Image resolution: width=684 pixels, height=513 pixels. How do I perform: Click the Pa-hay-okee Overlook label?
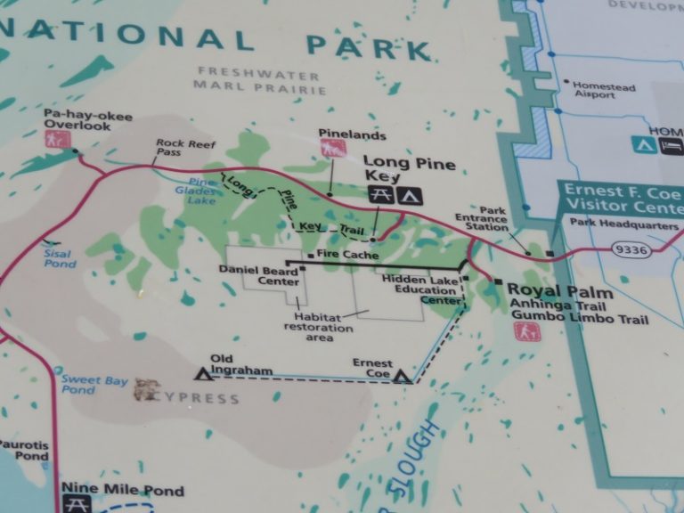click(x=76, y=119)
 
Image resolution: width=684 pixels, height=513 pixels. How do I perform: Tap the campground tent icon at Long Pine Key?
click(x=411, y=194)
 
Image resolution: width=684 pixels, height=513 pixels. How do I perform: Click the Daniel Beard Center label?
click(x=265, y=274)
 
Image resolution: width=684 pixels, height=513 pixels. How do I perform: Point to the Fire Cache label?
click(x=346, y=256)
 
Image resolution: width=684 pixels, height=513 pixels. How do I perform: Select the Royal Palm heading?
click(x=560, y=292)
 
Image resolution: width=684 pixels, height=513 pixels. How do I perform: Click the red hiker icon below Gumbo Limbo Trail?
click(x=525, y=331)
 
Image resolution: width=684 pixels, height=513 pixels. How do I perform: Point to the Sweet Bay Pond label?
click(x=94, y=385)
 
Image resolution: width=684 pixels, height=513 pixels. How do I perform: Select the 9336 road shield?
click(x=631, y=251)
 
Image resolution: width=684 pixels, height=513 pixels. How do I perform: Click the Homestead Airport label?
click(x=604, y=93)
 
